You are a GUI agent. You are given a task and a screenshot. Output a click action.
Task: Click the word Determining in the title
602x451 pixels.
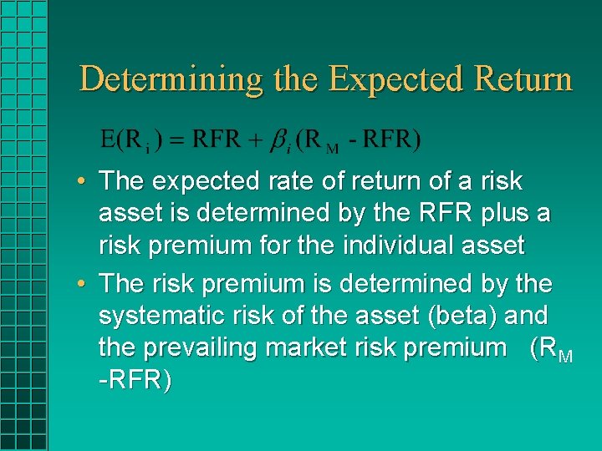[171, 79]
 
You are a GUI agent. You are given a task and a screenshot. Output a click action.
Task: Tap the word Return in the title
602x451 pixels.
[523, 79]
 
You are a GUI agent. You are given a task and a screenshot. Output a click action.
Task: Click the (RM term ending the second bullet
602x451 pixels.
[552, 349]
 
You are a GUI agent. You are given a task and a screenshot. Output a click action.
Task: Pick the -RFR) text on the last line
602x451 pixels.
[135, 382]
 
